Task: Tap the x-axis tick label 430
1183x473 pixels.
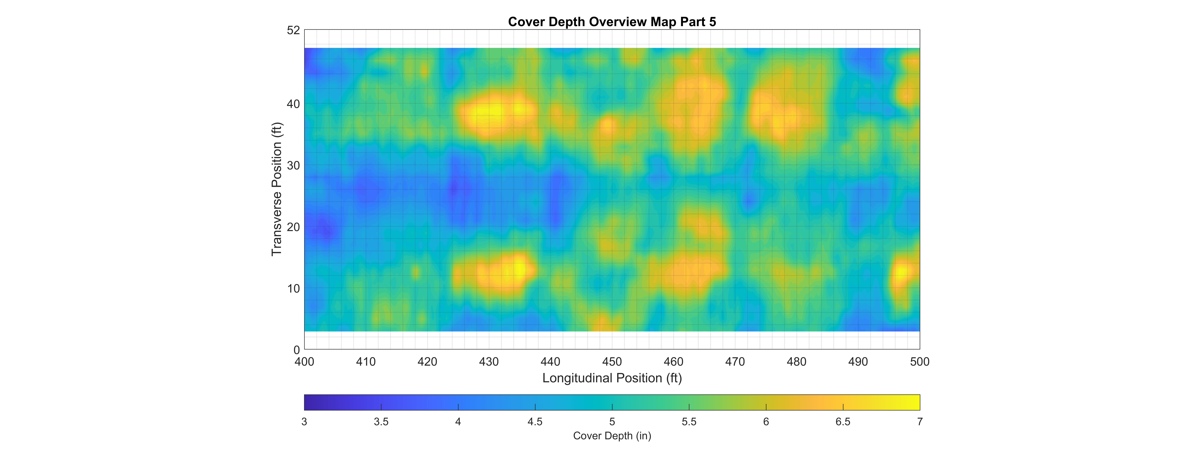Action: [x=489, y=362]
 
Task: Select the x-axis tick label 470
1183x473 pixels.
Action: [x=735, y=362]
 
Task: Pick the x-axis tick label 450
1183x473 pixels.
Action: [x=612, y=362]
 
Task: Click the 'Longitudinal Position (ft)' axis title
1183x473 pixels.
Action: [x=612, y=378]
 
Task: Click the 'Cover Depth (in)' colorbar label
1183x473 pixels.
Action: [x=612, y=436]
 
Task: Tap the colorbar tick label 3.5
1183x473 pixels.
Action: [x=381, y=422]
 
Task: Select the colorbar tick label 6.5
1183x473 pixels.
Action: [x=843, y=422]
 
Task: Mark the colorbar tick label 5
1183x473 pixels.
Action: [x=612, y=422]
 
